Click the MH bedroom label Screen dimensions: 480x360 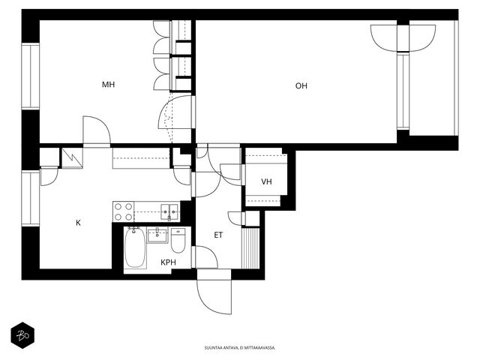(x=108, y=85)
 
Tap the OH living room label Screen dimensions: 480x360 (x=301, y=85)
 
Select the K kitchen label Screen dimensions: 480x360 (x=78, y=223)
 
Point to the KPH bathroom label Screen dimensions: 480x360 (x=168, y=262)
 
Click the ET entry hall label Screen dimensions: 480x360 (x=218, y=235)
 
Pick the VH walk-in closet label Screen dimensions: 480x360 (x=267, y=181)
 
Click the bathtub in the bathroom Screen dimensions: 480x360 (x=135, y=248)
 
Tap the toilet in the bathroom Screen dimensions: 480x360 (x=178, y=241)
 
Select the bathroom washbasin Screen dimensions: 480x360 (x=157, y=235)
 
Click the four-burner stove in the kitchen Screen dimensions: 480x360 (x=124, y=211)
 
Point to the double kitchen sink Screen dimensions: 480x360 (x=169, y=211)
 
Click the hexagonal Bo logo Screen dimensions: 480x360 (x=22, y=335)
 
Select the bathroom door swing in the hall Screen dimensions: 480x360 (x=206, y=257)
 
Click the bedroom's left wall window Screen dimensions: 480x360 (x=31, y=76)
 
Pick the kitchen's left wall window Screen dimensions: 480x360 (x=31, y=198)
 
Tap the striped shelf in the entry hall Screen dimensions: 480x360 (x=250, y=247)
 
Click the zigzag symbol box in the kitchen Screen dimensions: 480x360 (x=73, y=158)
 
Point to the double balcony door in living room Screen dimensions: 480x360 (x=403, y=38)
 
